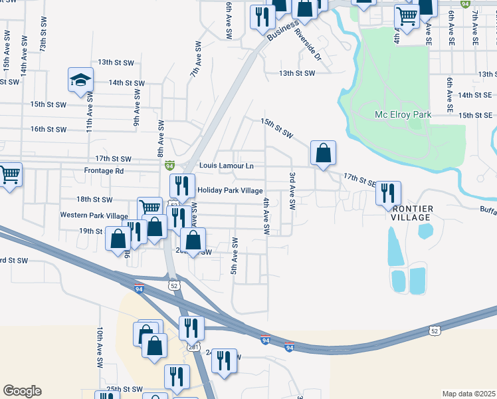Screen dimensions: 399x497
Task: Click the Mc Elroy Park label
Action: pyautogui.click(x=403, y=114)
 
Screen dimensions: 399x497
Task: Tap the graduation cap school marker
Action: pyautogui.click(x=80, y=81)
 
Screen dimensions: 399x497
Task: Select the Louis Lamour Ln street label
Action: pyautogui.click(x=227, y=165)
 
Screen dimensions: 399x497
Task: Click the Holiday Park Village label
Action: pyautogui.click(x=231, y=191)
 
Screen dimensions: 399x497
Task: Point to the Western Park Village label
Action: pyautogui.click(x=94, y=215)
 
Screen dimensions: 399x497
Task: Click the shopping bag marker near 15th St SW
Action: pyautogui.click(x=322, y=154)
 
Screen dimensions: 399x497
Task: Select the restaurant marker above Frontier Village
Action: pyautogui.click(x=388, y=194)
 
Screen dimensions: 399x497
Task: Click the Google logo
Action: pyautogui.click(x=22, y=391)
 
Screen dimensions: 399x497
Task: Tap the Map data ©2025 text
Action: pyautogui.click(x=468, y=394)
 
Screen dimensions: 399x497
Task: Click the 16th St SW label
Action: pyautogui.click(x=49, y=130)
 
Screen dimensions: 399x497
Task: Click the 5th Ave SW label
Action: pyautogui.click(x=234, y=255)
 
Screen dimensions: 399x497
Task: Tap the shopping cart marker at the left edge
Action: pyautogui.click(x=9, y=176)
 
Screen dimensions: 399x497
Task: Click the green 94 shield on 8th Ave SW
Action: pyautogui.click(x=170, y=164)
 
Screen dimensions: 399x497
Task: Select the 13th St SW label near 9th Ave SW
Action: pyautogui.click(x=116, y=63)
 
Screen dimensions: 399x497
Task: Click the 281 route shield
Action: pyautogui.click(x=193, y=347)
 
